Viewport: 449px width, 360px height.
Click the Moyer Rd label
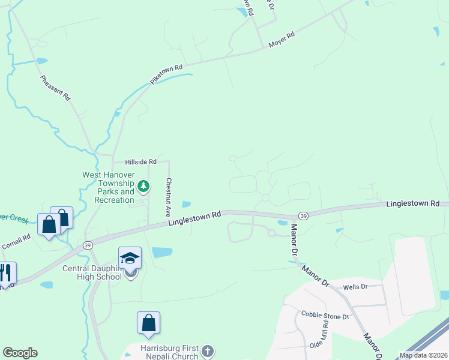point(282,40)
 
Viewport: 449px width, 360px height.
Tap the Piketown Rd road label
point(166,74)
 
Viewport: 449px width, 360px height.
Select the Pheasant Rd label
point(55,88)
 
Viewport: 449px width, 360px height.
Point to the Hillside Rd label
point(140,162)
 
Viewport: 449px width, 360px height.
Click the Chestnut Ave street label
point(169,197)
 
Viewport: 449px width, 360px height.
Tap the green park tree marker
point(143,187)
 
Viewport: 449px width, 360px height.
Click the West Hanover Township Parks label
point(108,187)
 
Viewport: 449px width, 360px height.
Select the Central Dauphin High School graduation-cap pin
point(130,258)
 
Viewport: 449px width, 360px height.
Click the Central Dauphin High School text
point(92,272)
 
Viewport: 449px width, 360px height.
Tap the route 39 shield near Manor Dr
point(304,215)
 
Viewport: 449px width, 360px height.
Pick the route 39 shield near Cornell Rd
point(88,245)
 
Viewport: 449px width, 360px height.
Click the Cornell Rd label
point(16,242)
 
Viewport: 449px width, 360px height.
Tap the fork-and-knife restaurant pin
point(5,273)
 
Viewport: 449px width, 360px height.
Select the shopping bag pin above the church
point(148,323)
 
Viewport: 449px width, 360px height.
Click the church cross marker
point(207,351)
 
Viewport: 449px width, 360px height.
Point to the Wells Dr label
point(355,287)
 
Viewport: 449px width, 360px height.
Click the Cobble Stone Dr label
point(325,316)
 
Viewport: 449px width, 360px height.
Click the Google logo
point(20,353)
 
